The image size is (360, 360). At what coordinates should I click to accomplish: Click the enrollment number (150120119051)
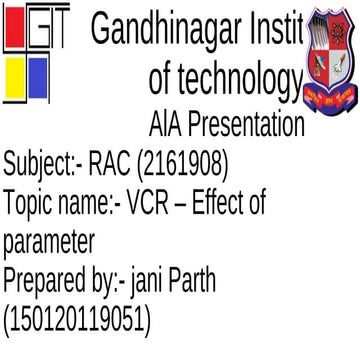(x=78, y=321)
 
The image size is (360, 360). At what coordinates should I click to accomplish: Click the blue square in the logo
(x=37, y=75)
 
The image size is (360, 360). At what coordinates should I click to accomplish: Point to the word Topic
(x=29, y=203)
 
